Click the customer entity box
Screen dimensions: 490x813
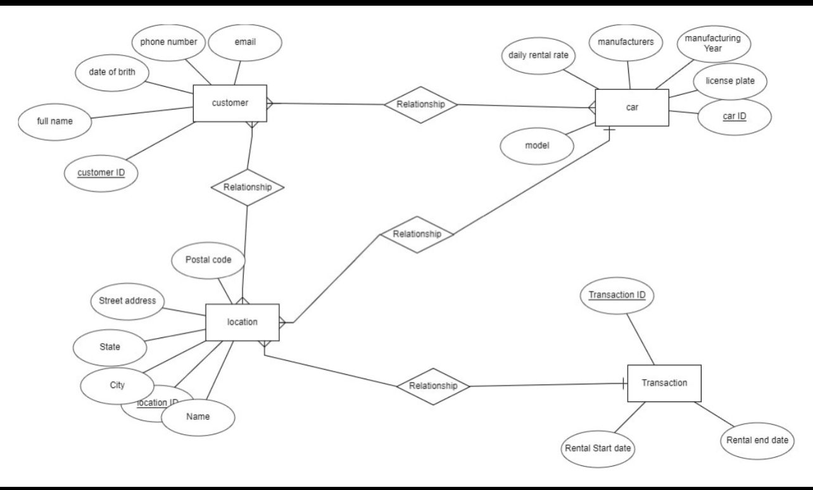pos(230,103)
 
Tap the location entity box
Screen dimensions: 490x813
pos(242,322)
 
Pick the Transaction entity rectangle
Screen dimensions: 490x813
pos(664,383)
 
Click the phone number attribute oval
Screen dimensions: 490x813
pos(168,42)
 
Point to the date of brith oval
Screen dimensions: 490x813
pos(112,72)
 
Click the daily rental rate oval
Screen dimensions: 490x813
pos(538,55)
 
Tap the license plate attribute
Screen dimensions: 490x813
pos(730,81)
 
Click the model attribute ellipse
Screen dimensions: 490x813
pos(537,144)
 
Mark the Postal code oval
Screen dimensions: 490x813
pos(208,260)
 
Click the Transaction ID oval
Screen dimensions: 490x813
pos(617,295)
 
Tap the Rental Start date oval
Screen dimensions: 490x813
pos(598,448)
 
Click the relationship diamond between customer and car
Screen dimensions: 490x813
pos(420,104)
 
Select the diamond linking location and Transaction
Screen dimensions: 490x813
pos(434,386)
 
